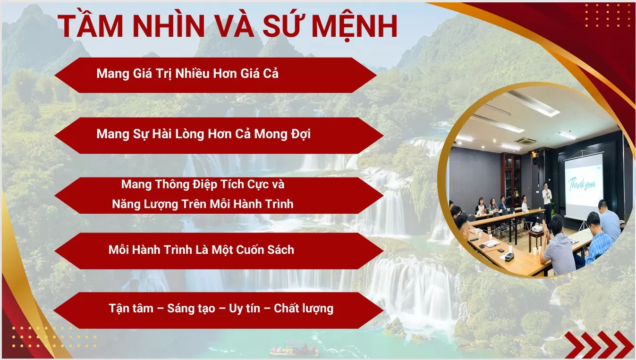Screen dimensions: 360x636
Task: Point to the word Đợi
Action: click(297, 134)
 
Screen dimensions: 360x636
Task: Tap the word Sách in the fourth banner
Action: click(279, 250)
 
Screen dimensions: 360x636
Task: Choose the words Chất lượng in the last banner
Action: click(304, 309)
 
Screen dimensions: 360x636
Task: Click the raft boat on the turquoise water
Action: click(293, 350)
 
